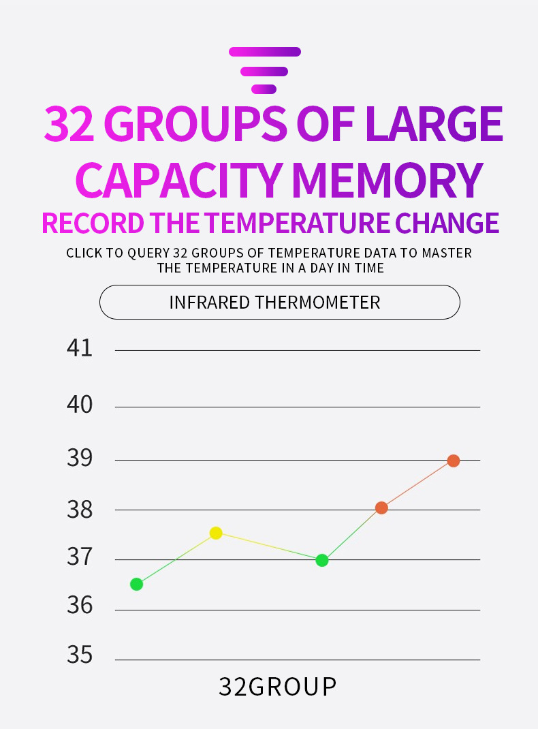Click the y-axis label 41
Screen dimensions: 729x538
(x=80, y=348)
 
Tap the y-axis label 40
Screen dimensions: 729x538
(x=80, y=405)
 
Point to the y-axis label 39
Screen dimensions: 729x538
(x=80, y=459)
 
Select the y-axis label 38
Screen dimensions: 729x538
(x=80, y=509)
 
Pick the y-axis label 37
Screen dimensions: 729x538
(x=80, y=558)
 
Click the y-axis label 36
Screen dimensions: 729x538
(x=80, y=605)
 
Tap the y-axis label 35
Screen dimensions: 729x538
(x=80, y=655)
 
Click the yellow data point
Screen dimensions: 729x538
(x=216, y=533)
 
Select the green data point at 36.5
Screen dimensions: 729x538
(x=136, y=584)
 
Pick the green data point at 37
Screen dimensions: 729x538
(x=322, y=560)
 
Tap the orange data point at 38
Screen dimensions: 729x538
(x=381, y=508)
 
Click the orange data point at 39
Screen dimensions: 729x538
(x=454, y=461)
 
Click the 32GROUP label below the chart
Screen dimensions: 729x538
(x=278, y=687)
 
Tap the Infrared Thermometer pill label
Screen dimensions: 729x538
(x=274, y=302)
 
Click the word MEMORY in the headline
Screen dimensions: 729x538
(x=387, y=180)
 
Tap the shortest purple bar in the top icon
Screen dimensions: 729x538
(x=264, y=89)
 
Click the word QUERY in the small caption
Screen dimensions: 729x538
(x=148, y=253)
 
